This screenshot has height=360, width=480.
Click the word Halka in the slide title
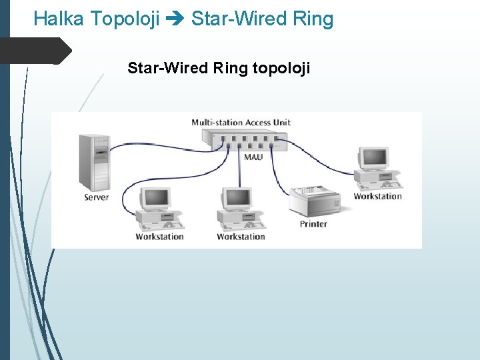[58, 19]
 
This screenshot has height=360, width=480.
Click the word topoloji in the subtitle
[281, 68]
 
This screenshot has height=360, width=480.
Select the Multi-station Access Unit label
[241, 122]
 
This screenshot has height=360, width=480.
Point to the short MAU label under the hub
[253, 157]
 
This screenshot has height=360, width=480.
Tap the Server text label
[97, 197]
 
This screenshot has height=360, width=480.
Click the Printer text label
[313, 224]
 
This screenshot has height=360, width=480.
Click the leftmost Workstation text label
[159, 237]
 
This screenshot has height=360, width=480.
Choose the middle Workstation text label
[241, 237]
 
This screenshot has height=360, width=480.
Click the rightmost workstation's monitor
[373, 158]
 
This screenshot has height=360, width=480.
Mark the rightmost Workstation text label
[377, 196]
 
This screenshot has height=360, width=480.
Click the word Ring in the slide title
[311, 19]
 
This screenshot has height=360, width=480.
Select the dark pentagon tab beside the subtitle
[35, 51]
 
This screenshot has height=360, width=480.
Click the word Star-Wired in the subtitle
[168, 68]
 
